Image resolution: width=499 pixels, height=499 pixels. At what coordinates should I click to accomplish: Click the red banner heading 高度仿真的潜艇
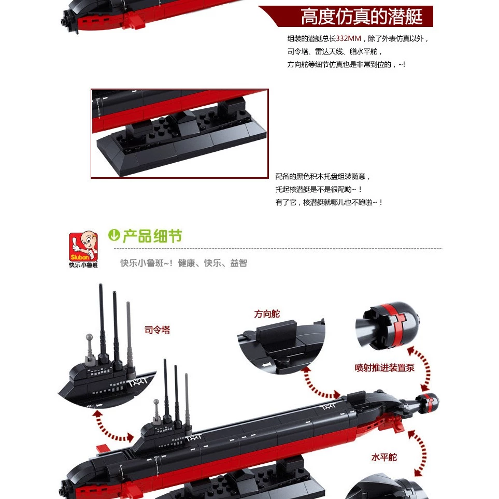tap(362, 17)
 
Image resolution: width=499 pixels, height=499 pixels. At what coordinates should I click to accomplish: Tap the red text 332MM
tap(349, 38)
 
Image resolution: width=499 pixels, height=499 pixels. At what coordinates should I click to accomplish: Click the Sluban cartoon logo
tap(83, 246)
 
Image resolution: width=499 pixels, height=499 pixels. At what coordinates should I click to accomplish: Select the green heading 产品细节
tap(152, 236)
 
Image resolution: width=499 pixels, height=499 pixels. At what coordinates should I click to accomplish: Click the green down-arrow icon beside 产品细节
tap(114, 235)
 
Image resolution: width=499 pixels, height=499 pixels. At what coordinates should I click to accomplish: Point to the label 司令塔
tap(157, 330)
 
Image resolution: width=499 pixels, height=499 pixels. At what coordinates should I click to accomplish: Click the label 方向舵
tap(267, 314)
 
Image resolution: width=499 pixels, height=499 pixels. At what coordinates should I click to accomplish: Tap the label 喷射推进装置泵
tap(384, 367)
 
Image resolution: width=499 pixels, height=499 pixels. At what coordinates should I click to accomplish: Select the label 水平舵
tap(384, 458)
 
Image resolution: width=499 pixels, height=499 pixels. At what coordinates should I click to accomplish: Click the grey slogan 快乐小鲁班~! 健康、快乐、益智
tap(183, 263)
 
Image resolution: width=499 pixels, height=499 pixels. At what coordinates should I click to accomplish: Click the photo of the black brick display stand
tap(180, 133)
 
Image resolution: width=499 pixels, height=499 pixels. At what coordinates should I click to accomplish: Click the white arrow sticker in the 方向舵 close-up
tap(266, 365)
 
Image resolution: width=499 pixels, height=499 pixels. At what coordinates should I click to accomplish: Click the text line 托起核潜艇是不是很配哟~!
tap(319, 189)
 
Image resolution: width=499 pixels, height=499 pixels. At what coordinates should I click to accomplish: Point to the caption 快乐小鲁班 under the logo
tap(83, 265)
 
